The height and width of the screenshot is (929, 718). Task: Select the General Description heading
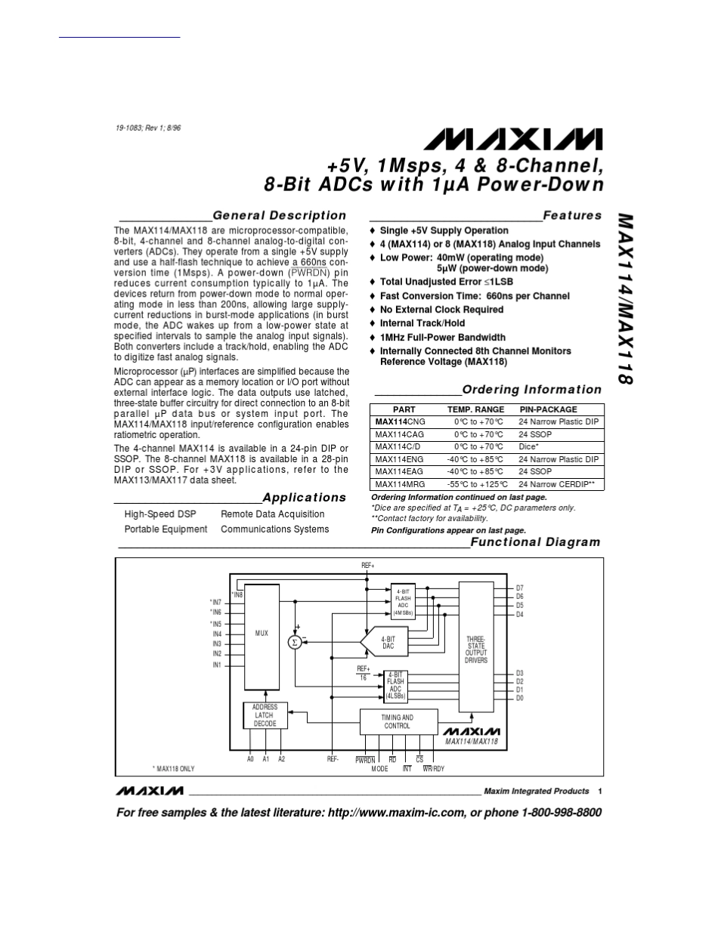click(x=279, y=215)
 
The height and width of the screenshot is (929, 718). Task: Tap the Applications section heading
click(x=304, y=497)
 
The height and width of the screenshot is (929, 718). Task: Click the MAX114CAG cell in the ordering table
click(x=399, y=434)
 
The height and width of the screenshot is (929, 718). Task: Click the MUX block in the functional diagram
click(x=262, y=634)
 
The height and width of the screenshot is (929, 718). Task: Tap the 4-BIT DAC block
click(x=388, y=643)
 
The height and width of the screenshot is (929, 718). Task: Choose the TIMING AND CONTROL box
click(x=397, y=721)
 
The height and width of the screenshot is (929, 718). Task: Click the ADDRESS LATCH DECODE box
click(x=265, y=715)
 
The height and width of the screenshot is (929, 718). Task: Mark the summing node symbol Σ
click(x=294, y=642)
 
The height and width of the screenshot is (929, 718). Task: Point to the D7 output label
click(x=520, y=588)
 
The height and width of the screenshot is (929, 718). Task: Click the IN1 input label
click(x=216, y=665)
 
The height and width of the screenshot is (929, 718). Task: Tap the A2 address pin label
click(x=281, y=758)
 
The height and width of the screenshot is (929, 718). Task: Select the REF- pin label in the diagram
click(x=333, y=758)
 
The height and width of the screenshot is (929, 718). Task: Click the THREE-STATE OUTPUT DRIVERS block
click(x=476, y=650)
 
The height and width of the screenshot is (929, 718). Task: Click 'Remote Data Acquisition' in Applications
click(x=272, y=514)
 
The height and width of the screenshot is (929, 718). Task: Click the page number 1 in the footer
click(x=599, y=791)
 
